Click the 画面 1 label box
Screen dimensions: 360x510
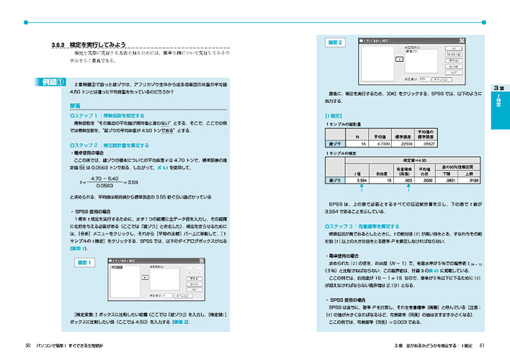[x=83, y=264]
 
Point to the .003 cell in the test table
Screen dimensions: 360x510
[x=407, y=181]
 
